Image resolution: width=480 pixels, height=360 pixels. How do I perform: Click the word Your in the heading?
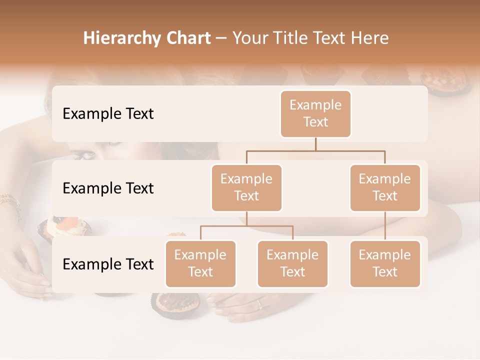point(250,38)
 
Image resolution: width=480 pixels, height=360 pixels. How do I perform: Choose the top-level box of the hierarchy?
point(315,113)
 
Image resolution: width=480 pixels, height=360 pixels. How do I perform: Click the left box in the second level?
point(246,187)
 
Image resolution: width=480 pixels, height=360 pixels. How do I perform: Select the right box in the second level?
point(385,187)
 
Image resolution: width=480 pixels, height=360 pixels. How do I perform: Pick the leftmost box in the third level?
point(200,263)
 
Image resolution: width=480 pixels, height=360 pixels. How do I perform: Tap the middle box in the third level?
point(292,263)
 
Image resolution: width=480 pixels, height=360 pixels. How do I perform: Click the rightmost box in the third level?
point(385,263)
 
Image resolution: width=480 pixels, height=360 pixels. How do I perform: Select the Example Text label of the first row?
point(108,113)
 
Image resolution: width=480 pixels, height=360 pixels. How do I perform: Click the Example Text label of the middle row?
point(108,188)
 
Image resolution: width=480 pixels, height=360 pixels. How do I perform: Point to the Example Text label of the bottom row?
point(108,264)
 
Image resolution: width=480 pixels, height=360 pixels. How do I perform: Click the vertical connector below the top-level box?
point(315,144)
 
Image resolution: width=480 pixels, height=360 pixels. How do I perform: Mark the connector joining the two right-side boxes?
point(385,226)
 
